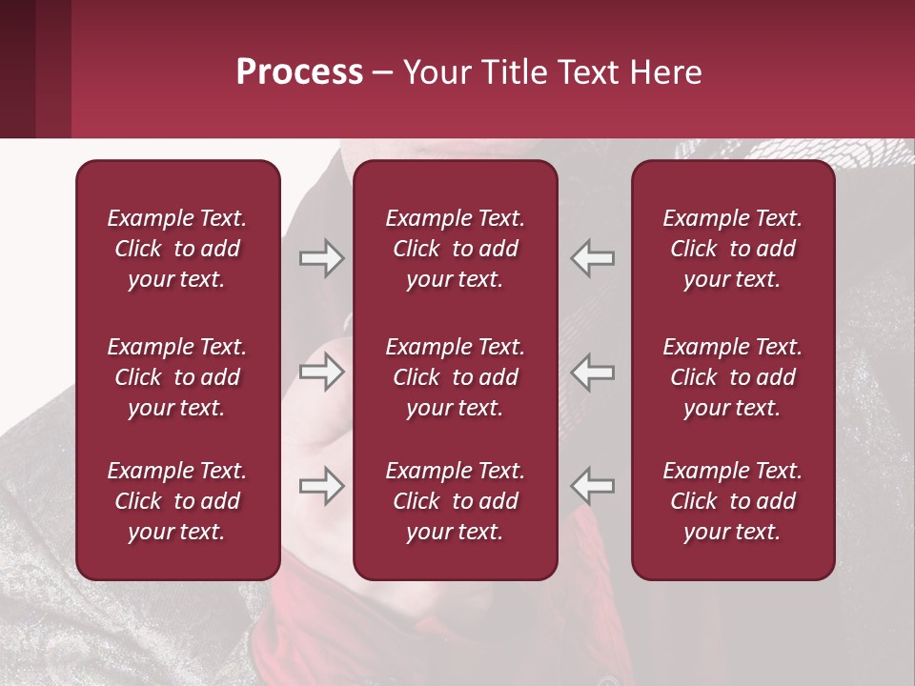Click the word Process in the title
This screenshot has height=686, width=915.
coord(299,72)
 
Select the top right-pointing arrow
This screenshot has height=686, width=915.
coord(322,258)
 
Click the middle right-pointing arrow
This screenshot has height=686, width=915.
coord(322,373)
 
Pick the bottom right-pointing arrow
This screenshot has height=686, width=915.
coord(322,486)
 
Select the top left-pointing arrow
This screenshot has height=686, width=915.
coord(592,258)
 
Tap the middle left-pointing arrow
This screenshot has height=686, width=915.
coord(592,373)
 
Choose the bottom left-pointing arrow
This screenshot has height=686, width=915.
coord(592,486)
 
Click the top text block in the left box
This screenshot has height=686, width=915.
coord(177,249)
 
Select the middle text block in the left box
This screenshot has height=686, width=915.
coord(177,377)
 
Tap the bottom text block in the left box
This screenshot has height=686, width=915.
coord(177,501)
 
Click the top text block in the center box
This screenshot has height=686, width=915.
coord(456,249)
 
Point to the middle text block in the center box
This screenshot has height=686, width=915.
coord(456,377)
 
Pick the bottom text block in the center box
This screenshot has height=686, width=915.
coord(456,501)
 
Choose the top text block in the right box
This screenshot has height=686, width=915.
coord(733,249)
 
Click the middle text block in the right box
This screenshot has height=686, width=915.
coord(733,377)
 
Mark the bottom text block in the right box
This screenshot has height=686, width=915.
coord(733,501)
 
